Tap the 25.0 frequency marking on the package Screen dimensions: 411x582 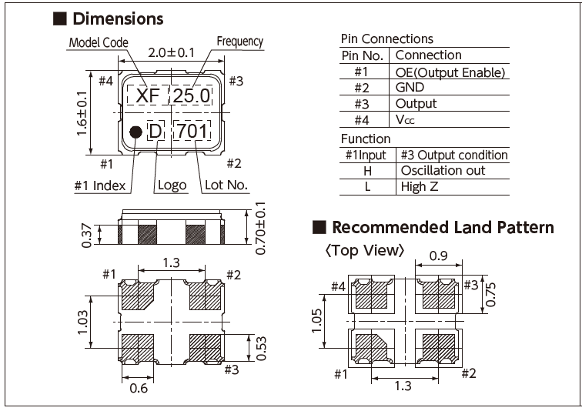pos(190,96)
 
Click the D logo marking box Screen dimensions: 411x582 pos(156,132)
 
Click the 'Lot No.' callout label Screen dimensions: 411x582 pos(226,185)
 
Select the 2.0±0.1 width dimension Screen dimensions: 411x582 pos(172,53)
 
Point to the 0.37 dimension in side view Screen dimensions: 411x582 pos(86,233)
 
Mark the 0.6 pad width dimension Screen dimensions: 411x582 pos(139,388)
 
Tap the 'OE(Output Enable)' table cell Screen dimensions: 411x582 pos(450,72)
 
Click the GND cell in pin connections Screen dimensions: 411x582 pos(410,88)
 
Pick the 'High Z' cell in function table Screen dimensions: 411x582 pos(420,186)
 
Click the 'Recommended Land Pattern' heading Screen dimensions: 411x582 pos(443,227)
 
